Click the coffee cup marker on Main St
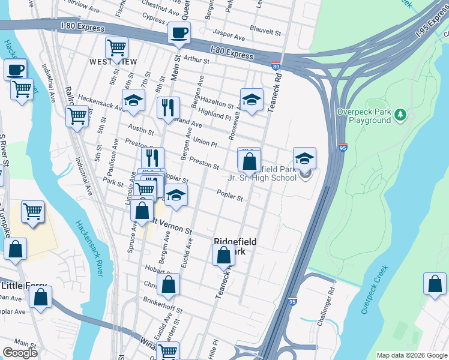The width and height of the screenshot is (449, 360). [x=178, y=33]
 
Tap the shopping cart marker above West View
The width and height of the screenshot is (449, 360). [x=116, y=47]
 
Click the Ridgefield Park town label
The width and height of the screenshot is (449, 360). [x=235, y=246]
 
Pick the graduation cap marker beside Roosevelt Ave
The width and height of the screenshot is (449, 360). [x=252, y=100]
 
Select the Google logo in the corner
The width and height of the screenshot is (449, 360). [x=20, y=353]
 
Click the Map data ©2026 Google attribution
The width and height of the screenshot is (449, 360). [x=411, y=355]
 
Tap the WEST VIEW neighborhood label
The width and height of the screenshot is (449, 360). [x=113, y=62]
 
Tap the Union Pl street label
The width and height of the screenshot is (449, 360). [x=205, y=142]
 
